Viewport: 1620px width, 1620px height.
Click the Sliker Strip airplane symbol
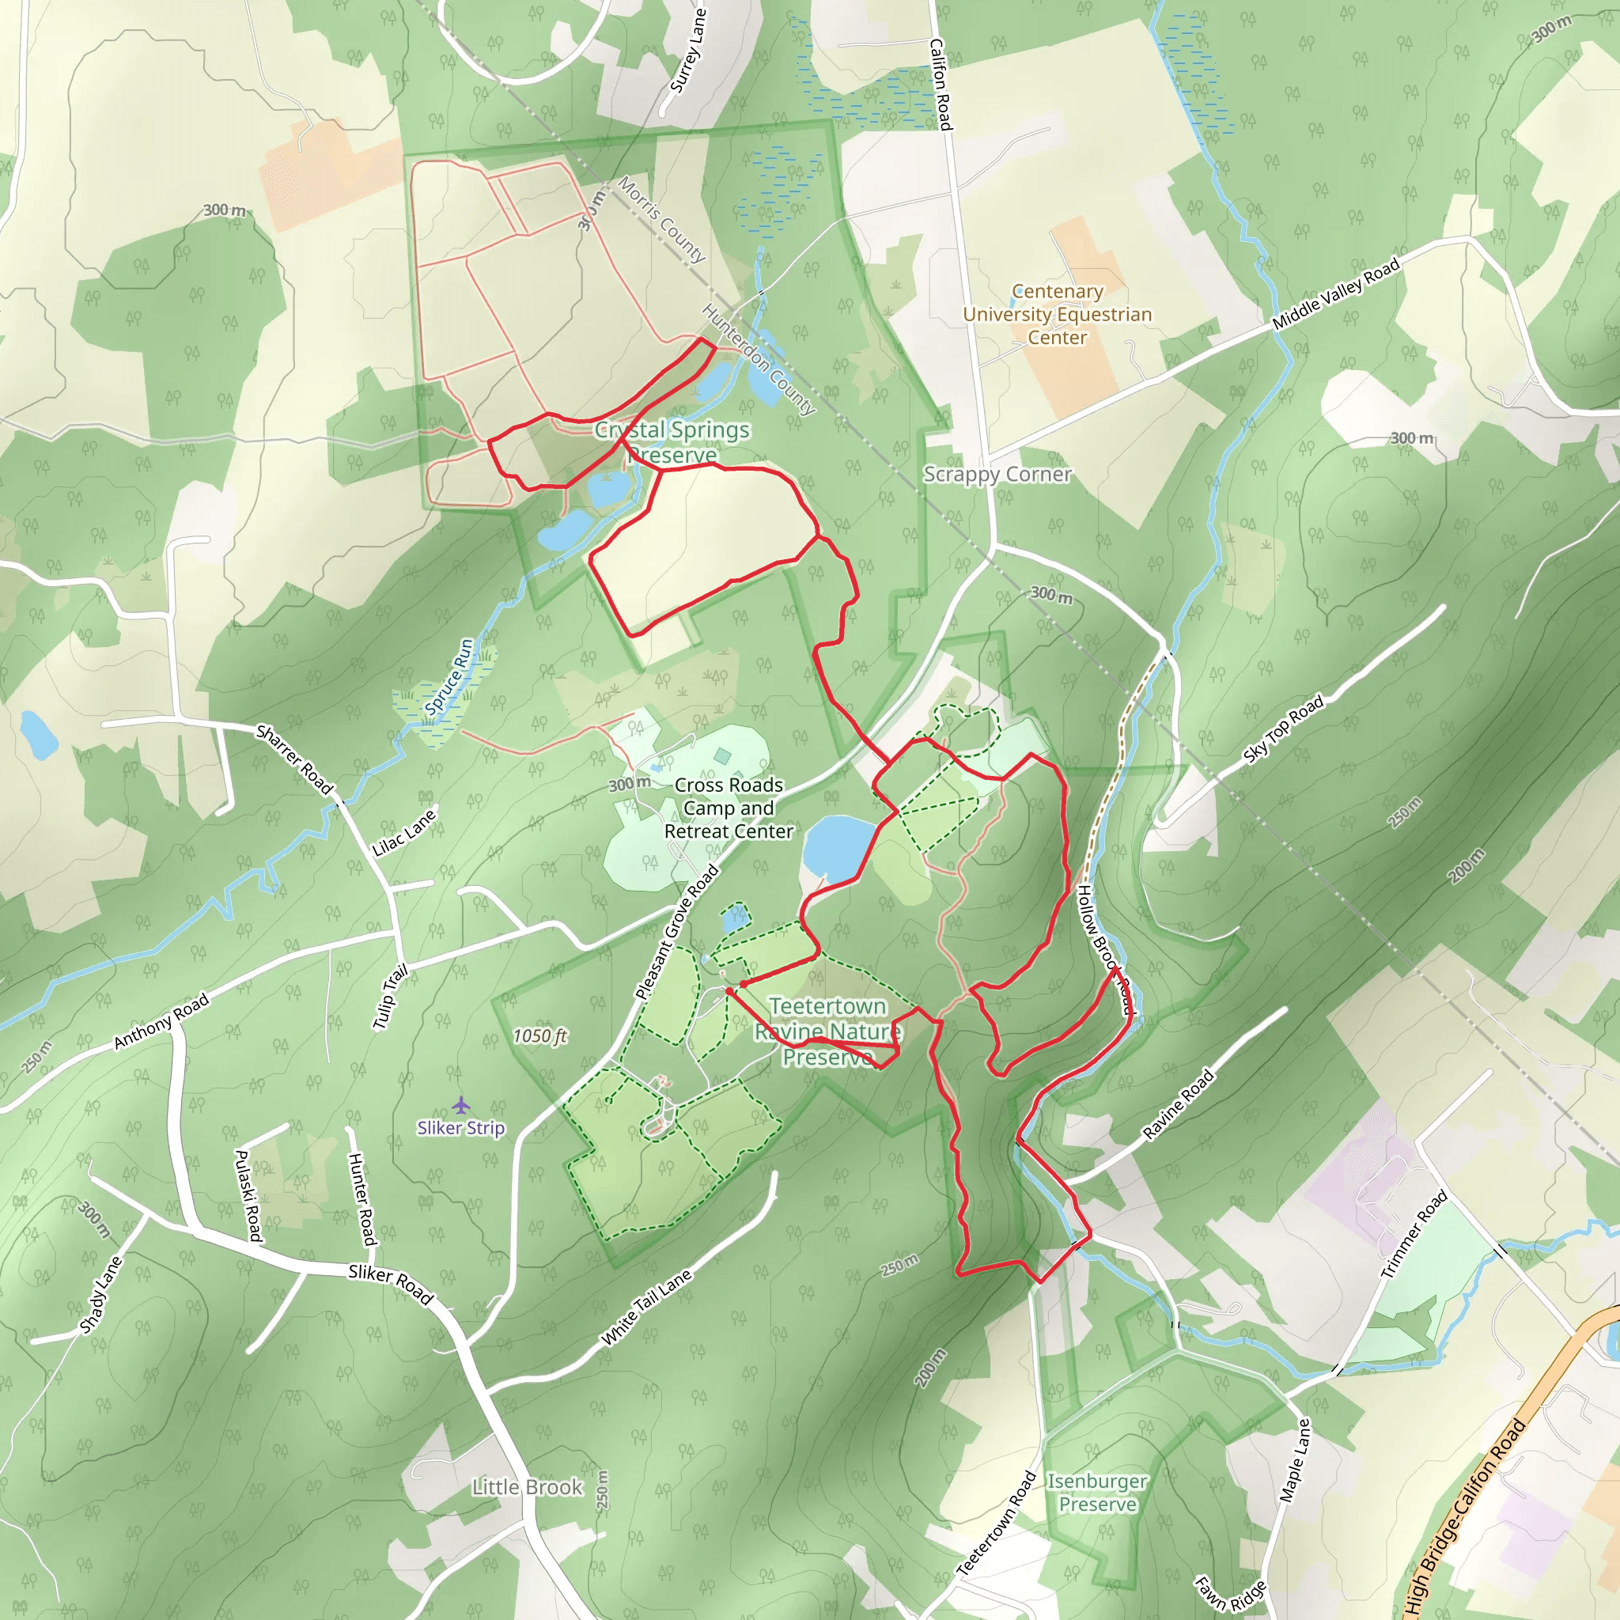point(460,1104)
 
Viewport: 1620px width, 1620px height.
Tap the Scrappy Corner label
point(997,475)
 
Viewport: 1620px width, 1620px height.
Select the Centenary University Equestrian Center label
point(1057,315)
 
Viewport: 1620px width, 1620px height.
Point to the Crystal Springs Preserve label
point(672,442)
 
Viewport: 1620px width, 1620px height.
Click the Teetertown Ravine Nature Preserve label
point(827,1031)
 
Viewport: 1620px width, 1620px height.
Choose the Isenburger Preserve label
point(1097,1493)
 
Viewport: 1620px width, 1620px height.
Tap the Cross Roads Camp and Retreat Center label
point(728,808)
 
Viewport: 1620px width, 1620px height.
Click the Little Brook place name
point(527,1486)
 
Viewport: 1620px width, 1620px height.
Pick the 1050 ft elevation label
point(540,1035)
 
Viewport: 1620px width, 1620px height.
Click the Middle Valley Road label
point(1336,293)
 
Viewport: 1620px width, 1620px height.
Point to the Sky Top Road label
point(1282,729)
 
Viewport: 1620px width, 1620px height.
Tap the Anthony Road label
point(161,1021)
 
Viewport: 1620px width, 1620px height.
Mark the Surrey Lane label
point(687,51)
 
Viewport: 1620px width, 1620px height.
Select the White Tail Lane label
point(646,1307)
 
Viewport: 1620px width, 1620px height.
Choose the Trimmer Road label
point(1414,1234)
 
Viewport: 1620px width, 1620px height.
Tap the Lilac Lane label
point(404,832)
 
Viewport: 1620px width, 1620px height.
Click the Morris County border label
point(661,219)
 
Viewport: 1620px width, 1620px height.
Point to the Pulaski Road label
point(248,1196)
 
